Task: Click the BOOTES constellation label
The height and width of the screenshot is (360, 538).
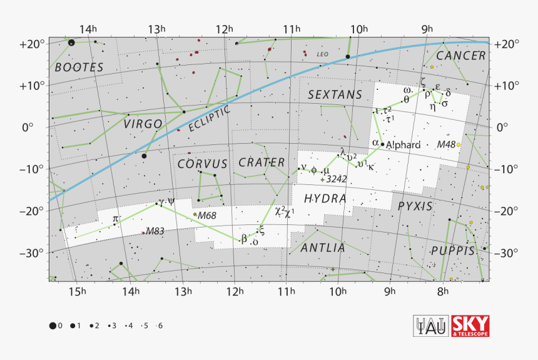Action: tap(78, 67)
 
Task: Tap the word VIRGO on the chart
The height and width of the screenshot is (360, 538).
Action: tap(143, 124)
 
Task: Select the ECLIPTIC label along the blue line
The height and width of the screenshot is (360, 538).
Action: tap(210, 118)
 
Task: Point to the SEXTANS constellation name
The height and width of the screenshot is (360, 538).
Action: tap(335, 94)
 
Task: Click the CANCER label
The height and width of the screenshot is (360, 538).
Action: tap(460, 56)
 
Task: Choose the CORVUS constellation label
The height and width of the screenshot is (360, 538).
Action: tap(202, 164)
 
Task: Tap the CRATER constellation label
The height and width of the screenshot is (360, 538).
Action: tap(261, 162)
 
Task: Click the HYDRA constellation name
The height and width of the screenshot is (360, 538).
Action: tap(325, 198)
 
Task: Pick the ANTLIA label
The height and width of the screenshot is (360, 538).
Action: tap(323, 247)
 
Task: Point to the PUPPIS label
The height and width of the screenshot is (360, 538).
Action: tap(452, 251)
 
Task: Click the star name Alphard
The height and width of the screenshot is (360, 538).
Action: tap(403, 145)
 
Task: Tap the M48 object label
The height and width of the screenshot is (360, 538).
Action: tap(446, 144)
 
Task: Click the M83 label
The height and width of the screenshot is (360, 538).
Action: tap(155, 231)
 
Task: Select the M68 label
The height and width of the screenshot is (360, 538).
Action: tap(207, 216)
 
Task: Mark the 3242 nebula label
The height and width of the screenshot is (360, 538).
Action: tap(337, 179)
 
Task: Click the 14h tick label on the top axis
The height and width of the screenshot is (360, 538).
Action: tap(88, 29)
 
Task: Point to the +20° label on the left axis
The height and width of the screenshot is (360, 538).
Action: tap(31, 44)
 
